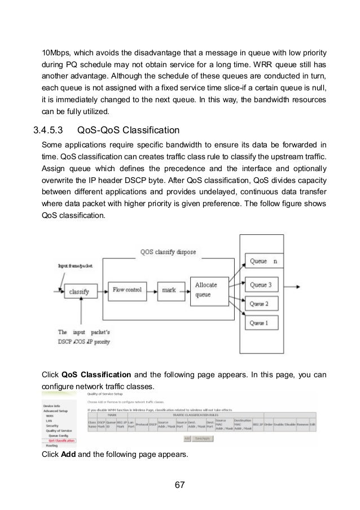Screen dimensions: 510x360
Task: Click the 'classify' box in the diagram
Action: click(80, 291)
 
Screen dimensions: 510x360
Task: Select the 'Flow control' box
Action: click(126, 290)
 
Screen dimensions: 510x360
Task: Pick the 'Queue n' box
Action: click(264, 262)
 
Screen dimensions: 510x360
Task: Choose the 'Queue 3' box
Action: click(264, 285)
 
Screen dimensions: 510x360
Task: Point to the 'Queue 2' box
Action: click(264, 304)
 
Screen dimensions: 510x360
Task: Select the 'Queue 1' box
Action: click(264, 323)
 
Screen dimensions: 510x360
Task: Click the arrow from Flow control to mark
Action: click(149, 290)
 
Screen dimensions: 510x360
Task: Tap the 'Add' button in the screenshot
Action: click(187, 438)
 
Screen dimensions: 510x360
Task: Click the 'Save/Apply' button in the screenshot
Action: click(203, 438)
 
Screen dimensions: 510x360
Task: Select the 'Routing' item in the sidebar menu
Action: click(52, 446)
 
